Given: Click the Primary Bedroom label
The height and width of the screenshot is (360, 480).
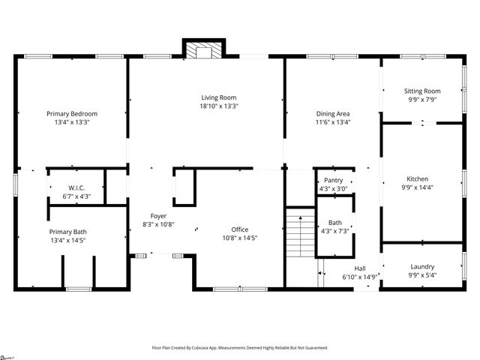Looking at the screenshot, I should (x=72, y=114).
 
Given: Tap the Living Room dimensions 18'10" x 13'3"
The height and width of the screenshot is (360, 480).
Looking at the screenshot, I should (x=219, y=106).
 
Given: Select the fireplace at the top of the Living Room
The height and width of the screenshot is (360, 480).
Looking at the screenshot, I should (x=202, y=50).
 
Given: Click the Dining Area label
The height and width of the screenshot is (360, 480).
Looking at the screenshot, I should (x=333, y=114).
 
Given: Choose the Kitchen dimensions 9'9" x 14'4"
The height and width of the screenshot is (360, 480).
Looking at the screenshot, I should (x=418, y=187).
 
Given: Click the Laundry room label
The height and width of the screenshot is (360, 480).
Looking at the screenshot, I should (x=422, y=267).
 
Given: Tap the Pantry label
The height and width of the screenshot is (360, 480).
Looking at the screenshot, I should (x=334, y=181).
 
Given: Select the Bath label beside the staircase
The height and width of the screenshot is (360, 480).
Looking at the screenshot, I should (x=334, y=223).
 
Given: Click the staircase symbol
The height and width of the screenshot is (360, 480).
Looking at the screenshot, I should (x=299, y=234).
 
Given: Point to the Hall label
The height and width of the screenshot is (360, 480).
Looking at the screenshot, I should (x=361, y=268).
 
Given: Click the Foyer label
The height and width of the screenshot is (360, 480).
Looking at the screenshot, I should (x=158, y=216).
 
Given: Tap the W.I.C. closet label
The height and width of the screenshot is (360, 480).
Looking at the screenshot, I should (x=76, y=188).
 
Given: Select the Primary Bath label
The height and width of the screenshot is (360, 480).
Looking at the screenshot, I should (x=68, y=232).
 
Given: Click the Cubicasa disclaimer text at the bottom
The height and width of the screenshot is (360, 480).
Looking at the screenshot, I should (x=240, y=348).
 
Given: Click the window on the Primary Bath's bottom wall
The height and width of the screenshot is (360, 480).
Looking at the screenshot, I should (x=78, y=289).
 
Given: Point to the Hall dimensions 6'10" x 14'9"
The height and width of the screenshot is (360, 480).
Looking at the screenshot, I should (x=361, y=277).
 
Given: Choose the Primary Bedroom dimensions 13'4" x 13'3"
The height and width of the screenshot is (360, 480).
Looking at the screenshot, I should (x=72, y=122).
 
